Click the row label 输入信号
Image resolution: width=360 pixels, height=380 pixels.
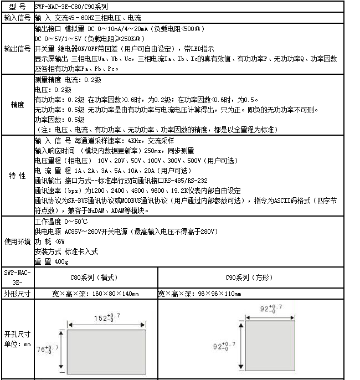click(x=17, y=17)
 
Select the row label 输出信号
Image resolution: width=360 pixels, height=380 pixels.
click(x=17, y=48)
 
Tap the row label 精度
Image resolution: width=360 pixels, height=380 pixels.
click(x=17, y=105)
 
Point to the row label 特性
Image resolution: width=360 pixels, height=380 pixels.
click(x=17, y=175)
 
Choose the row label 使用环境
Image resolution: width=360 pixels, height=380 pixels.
click(x=17, y=242)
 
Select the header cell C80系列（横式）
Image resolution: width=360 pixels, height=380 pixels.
click(x=95, y=277)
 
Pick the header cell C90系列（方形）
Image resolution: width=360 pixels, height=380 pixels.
click(x=250, y=277)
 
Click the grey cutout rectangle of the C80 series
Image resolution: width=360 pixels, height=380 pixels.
click(x=106, y=352)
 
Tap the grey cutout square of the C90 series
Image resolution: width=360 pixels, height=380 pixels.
click(x=270, y=346)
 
